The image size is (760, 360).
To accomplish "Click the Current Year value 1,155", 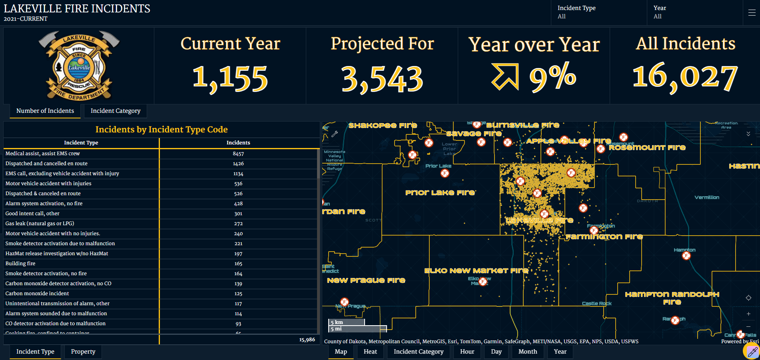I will pyautogui.click(x=230, y=78).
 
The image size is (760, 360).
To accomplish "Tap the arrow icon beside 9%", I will pyautogui.click(x=505, y=76).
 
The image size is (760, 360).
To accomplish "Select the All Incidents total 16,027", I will pyautogui.click(x=685, y=77).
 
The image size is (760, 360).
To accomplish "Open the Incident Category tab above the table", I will pyautogui.click(x=115, y=111).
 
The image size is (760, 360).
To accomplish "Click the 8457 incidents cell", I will pyautogui.click(x=238, y=154).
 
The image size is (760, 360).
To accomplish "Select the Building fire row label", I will pyautogui.click(x=20, y=264).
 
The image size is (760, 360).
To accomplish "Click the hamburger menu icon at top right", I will pyautogui.click(x=752, y=12).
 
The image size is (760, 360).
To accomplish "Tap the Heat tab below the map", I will pyautogui.click(x=370, y=352).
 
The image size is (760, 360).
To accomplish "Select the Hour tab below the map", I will pyautogui.click(x=467, y=352).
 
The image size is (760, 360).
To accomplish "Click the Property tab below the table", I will pyautogui.click(x=83, y=352).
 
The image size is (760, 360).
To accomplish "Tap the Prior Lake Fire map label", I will pyautogui.click(x=440, y=192).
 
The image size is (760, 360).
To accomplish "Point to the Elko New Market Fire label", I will pyautogui.click(x=476, y=271).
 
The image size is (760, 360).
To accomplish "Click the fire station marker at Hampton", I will pyautogui.click(x=686, y=256).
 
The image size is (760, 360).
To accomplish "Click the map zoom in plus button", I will pyautogui.click(x=748, y=314).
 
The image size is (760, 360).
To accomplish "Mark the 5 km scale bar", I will pyautogui.click(x=346, y=322).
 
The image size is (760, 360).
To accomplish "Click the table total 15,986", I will pyautogui.click(x=307, y=340).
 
